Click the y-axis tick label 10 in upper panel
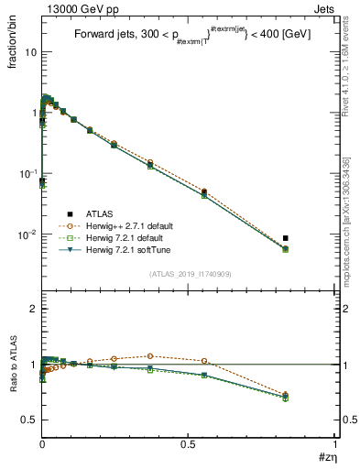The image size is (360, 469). pos(30,52)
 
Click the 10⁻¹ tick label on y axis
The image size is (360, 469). pos(27,173)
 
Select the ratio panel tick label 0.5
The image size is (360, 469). pos(29,420)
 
